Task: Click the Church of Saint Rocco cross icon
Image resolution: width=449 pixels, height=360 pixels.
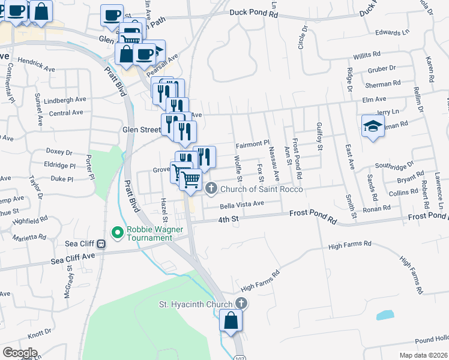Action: pyautogui.click(x=211, y=190)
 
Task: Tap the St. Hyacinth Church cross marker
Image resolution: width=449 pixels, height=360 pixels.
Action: pyautogui.click(x=241, y=304)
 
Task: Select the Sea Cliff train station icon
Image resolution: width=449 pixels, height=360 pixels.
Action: pyautogui.click(x=101, y=244)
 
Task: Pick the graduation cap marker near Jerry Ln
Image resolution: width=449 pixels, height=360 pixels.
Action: pyautogui.click(x=373, y=126)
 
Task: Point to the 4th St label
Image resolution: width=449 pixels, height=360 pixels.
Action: pyautogui.click(x=229, y=220)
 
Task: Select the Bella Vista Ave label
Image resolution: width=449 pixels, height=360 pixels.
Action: pyautogui.click(x=242, y=204)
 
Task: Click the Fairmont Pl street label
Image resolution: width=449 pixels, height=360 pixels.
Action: pyautogui.click(x=253, y=144)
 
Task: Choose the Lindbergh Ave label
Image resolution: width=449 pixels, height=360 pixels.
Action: pyautogui.click(x=65, y=100)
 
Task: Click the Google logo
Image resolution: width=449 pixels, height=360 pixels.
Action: pyautogui.click(x=20, y=352)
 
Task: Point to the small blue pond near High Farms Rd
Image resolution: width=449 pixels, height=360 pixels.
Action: pyautogui.click(x=384, y=315)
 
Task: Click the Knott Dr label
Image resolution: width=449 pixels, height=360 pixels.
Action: pyautogui.click(x=40, y=332)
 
